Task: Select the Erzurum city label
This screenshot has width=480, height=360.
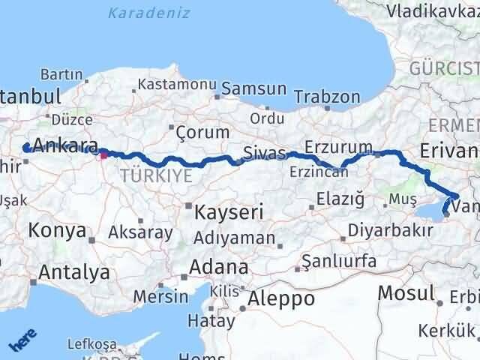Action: click(x=338, y=145)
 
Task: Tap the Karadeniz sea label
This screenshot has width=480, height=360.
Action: click(x=148, y=13)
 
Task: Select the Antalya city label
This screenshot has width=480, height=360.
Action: click(x=74, y=271)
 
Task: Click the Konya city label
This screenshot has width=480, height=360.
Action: click(x=57, y=231)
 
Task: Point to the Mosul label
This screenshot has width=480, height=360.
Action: click(x=406, y=292)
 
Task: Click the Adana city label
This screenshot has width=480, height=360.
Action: click(x=219, y=266)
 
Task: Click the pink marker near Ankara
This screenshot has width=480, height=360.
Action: click(x=103, y=155)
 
